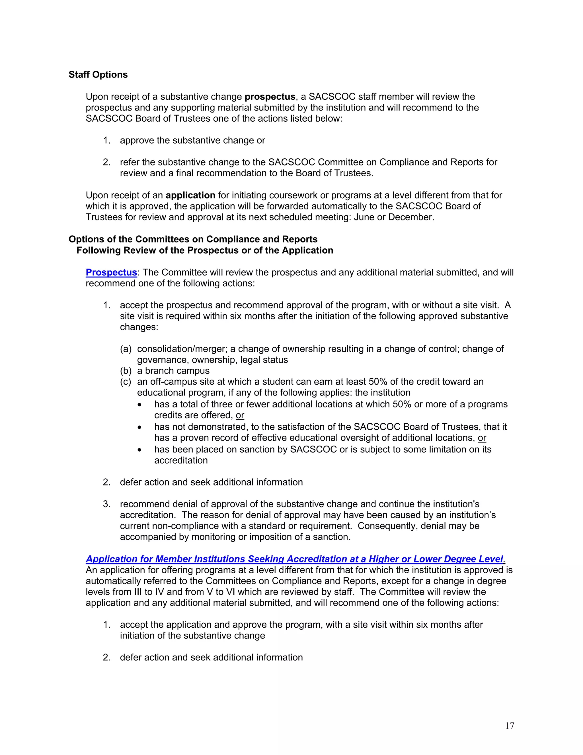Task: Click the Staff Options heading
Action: pyautogui.click(x=98, y=75)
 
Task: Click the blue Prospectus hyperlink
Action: pyautogui.click(x=111, y=272)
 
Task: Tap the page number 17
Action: pyautogui.click(x=510, y=726)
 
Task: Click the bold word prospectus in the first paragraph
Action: pyautogui.click(x=270, y=97)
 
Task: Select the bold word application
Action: pyautogui.click(x=190, y=195)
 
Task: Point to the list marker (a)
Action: pyautogui.click(x=126, y=349)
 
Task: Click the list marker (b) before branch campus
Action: pyautogui.click(x=126, y=371)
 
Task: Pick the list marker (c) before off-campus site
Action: pyautogui.click(x=126, y=382)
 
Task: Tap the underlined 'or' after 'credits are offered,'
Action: pyautogui.click(x=240, y=415)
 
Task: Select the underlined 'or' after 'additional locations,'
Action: pyautogui.click(x=482, y=438)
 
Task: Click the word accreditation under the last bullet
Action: pyautogui.click(x=181, y=460)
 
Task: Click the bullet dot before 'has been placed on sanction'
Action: pyautogui.click(x=139, y=450)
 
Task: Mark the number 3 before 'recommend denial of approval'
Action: pyautogui.click(x=106, y=504)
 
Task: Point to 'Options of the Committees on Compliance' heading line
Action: pyautogui.click(x=193, y=239)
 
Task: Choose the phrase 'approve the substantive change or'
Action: pyautogui.click(x=192, y=140)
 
